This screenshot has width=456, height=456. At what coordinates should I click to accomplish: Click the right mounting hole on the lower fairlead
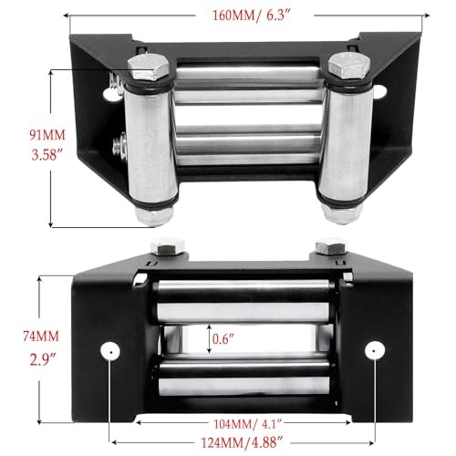[371, 351]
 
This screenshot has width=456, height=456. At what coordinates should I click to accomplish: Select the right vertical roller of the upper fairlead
[345, 141]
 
